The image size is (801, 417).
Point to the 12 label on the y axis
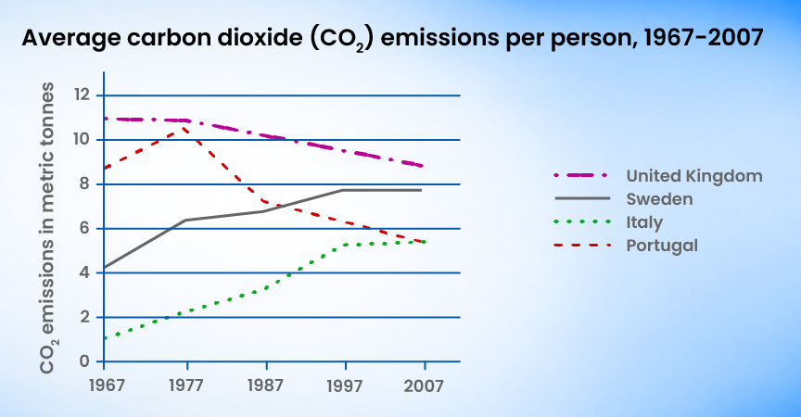pos(83,95)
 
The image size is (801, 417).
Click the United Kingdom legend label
pos(693,175)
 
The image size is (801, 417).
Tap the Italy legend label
pos(644,222)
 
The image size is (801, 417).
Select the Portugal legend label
pos(661,246)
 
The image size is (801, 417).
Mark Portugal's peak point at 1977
pos(187,129)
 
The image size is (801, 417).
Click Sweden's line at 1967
pos(105,268)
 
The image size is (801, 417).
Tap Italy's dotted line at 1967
pos(105,338)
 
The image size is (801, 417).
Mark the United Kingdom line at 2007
pos(423,166)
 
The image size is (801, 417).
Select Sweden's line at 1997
pos(345,190)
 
